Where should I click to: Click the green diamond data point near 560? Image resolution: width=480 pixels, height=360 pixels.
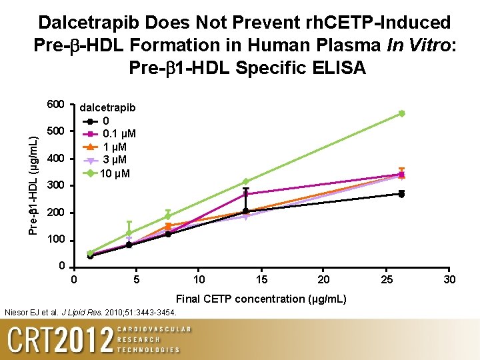point(401,113)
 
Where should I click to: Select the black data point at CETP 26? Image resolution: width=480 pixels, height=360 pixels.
point(401,194)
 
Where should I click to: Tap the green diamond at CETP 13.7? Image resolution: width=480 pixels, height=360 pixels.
point(245,181)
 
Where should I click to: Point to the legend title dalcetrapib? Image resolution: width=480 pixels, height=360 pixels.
point(107,108)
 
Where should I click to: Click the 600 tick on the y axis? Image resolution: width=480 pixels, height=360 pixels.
point(55,105)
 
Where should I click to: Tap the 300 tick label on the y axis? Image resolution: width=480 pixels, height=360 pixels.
point(55,185)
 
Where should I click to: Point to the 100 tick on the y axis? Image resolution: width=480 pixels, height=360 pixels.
point(55,240)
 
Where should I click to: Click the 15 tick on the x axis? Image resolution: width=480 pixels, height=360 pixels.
point(263,279)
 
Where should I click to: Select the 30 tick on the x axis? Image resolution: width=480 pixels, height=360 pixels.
point(450,279)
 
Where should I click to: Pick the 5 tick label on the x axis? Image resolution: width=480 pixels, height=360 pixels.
point(136,279)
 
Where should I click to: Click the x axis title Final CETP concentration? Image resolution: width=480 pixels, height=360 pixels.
point(261,299)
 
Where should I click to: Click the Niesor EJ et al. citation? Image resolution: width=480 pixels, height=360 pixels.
point(91,312)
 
